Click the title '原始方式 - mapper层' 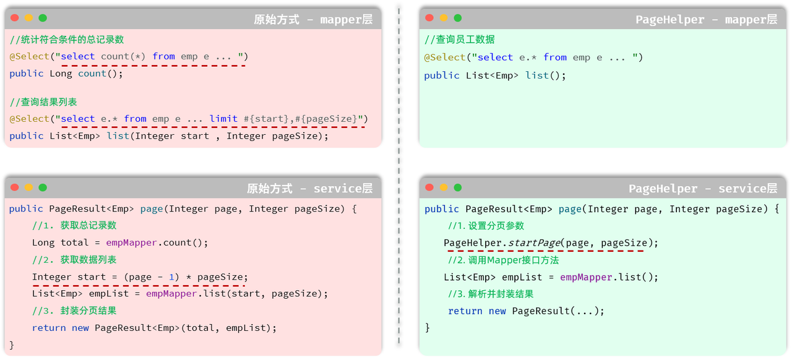pyautogui.click(x=313, y=20)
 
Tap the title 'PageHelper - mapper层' pyautogui.click(x=706, y=20)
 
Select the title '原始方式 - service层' pyautogui.click(x=309, y=189)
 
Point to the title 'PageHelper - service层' pyautogui.click(x=702, y=189)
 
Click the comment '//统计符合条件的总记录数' pyautogui.click(x=67, y=40)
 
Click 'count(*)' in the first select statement pyautogui.click(x=123, y=56)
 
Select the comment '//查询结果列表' pyautogui.click(x=43, y=102)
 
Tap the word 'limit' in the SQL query pyautogui.click(x=223, y=119)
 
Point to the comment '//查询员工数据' pyautogui.click(x=460, y=40)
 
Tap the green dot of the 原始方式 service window pyautogui.click(x=43, y=187)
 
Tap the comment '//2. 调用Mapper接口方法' pyautogui.click(x=503, y=260)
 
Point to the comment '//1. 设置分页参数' pyautogui.click(x=486, y=226)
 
